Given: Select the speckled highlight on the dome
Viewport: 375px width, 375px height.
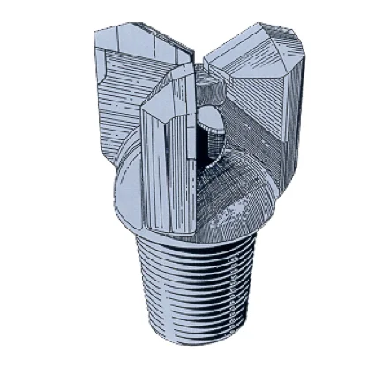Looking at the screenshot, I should pos(234,212).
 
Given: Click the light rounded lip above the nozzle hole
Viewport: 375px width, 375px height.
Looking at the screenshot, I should pos(209,119).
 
